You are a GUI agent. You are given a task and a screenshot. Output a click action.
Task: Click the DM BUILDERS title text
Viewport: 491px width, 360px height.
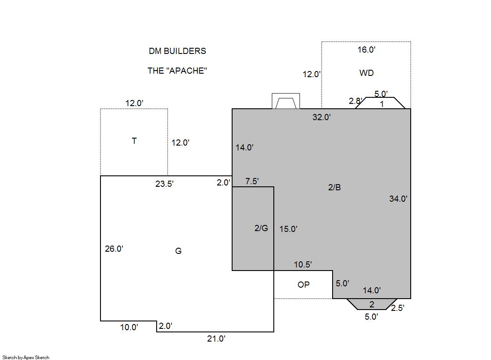click(x=177, y=51)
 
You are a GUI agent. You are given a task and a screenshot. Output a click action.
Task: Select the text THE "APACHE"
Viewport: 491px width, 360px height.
click(x=177, y=71)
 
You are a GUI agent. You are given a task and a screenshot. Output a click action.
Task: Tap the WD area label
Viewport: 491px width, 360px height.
click(x=366, y=73)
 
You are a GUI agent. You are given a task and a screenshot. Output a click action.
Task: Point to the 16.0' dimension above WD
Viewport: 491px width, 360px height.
click(x=366, y=50)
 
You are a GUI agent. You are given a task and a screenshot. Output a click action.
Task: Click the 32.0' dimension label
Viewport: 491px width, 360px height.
click(x=322, y=117)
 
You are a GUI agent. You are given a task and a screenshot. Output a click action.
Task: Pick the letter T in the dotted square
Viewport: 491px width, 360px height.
click(x=134, y=141)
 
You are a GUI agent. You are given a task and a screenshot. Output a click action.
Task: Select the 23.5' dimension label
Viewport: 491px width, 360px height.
click(x=165, y=184)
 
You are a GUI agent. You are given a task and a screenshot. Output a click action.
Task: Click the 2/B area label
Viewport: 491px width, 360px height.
click(x=334, y=187)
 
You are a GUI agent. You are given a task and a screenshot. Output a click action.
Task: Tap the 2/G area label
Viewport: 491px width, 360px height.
click(x=261, y=228)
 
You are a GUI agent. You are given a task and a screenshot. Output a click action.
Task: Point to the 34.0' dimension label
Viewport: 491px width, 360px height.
click(x=398, y=199)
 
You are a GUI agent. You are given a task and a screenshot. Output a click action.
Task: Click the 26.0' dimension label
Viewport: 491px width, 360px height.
click(x=114, y=249)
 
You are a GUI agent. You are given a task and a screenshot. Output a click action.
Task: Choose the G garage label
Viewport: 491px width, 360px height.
click(x=178, y=251)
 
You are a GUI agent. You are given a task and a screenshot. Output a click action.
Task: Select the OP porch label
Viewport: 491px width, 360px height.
click(x=304, y=285)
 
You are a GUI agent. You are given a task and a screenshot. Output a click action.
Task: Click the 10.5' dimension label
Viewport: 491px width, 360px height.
click(x=303, y=264)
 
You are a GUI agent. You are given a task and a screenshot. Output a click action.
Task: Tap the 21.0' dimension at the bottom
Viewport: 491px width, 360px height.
click(x=216, y=339)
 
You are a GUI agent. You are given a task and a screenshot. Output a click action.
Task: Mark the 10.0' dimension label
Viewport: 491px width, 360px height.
click(x=129, y=327)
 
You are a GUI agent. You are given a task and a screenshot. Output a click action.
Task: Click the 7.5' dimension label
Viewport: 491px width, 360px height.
click(x=252, y=181)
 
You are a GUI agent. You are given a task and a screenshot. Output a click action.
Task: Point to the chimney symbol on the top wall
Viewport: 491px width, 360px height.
click(x=286, y=101)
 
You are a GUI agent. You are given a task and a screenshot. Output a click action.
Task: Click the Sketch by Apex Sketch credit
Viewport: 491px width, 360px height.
click(x=26, y=357)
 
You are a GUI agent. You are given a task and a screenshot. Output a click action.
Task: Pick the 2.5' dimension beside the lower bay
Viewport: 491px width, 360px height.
click(x=398, y=308)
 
